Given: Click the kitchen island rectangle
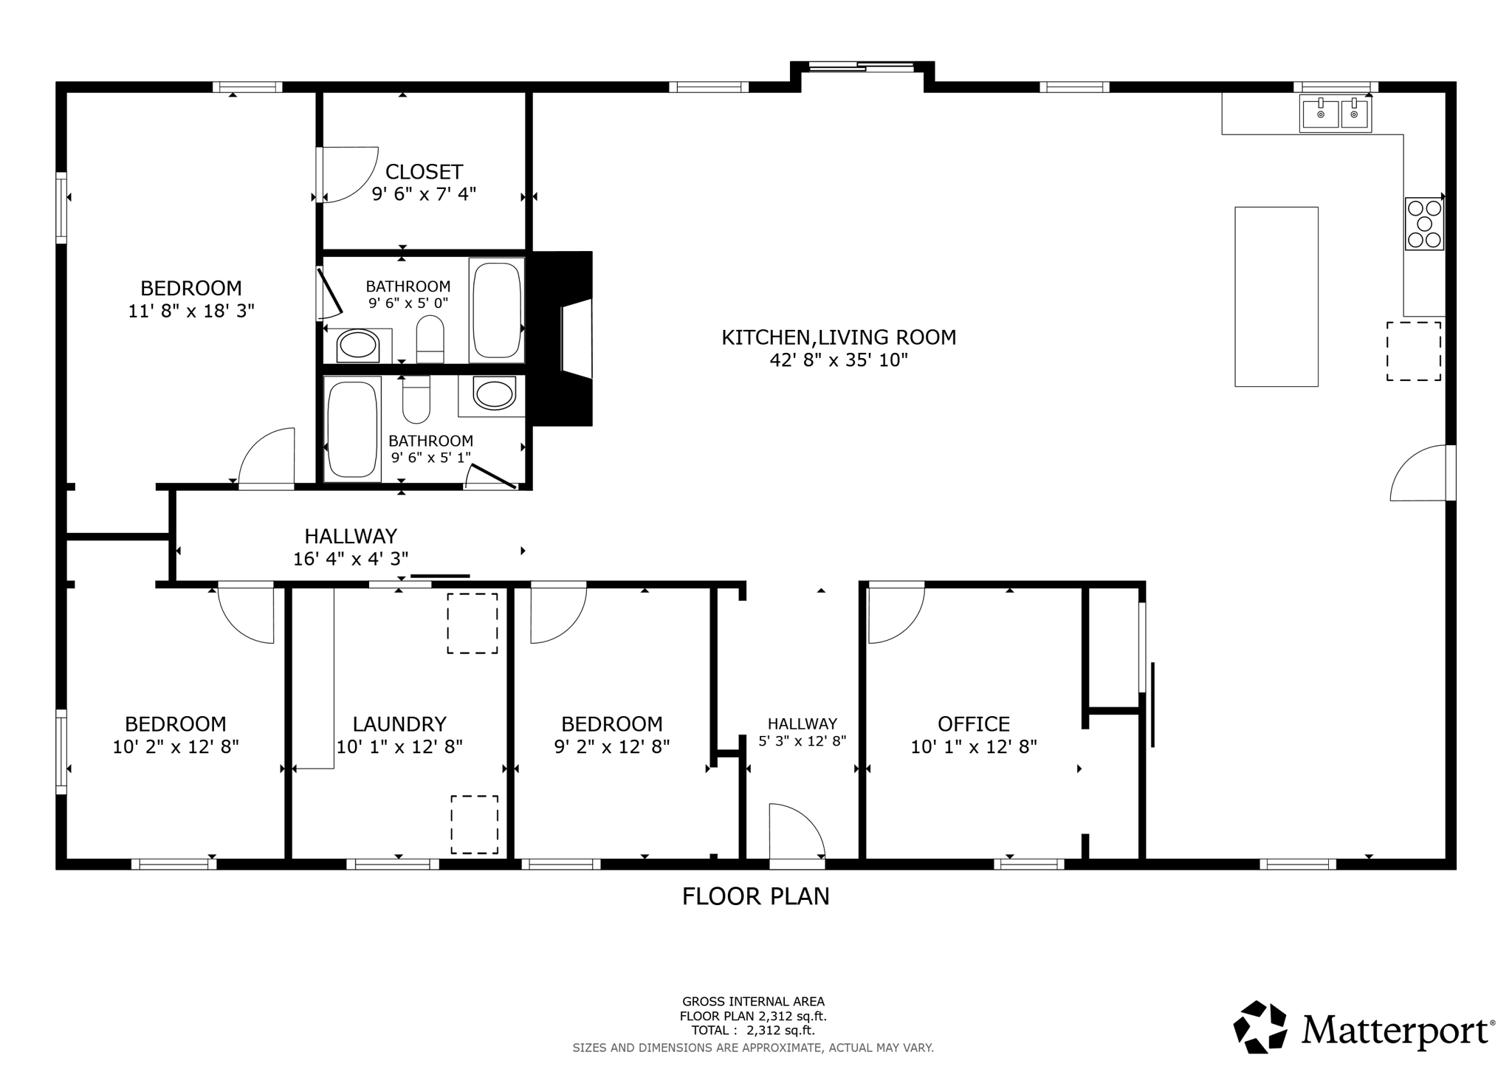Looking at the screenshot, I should [1276, 296].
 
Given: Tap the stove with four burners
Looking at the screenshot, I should [1423, 224].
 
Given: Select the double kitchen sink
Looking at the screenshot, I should [1335, 114].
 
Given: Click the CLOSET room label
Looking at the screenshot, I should [424, 172].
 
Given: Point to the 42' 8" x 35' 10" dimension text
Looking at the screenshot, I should [838, 360].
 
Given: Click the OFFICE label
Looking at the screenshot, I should [973, 723].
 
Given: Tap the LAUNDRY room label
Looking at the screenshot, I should [399, 723].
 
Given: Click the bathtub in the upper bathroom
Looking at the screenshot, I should [497, 309].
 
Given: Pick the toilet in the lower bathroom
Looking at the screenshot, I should [416, 401].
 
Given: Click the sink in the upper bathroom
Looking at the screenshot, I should [358, 346].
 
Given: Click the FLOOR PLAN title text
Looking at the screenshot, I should [755, 896].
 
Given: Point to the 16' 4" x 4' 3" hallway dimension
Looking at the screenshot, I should [351, 559].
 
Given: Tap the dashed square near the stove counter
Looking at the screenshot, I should [1413, 351].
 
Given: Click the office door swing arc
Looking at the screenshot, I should [896, 615].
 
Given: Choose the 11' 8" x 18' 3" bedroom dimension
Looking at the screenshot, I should [191, 311].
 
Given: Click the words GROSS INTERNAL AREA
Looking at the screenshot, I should [753, 1002].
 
